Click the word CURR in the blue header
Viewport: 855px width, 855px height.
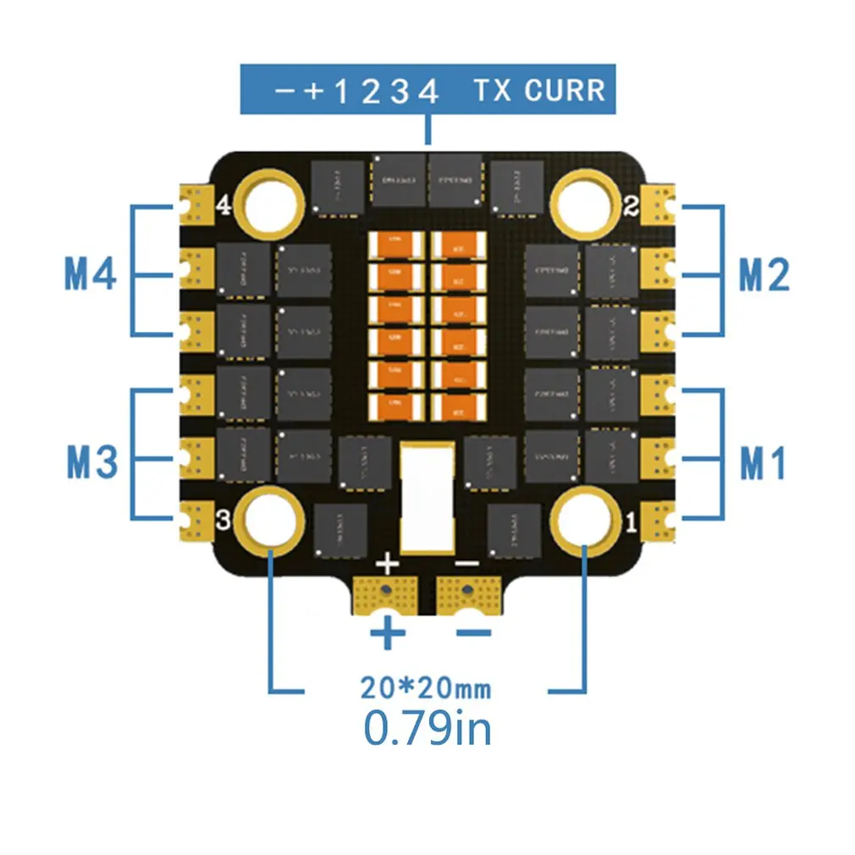(x=565, y=90)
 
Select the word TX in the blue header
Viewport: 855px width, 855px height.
(x=493, y=90)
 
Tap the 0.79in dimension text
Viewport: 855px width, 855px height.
(x=427, y=728)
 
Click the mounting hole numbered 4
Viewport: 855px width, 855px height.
(x=272, y=201)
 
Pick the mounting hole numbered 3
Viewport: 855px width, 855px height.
(x=271, y=518)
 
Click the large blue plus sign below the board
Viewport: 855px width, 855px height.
(x=388, y=633)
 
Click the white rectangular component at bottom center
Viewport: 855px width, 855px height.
(x=427, y=495)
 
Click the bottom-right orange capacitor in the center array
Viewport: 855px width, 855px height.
(x=459, y=405)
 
